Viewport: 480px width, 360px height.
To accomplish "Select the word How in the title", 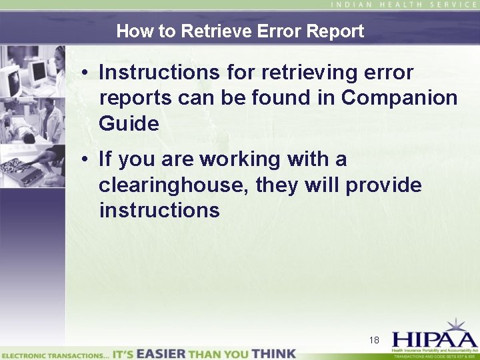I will click(x=132, y=31).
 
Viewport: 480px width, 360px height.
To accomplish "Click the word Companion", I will click(x=399, y=97).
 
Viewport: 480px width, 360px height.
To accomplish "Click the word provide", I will click(x=383, y=185).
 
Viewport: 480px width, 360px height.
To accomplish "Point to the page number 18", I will click(x=374, y=340).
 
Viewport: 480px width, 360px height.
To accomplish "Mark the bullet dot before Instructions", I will click(x=87, y=73).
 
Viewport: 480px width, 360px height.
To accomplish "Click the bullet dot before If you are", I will click(x=87, y=160).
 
